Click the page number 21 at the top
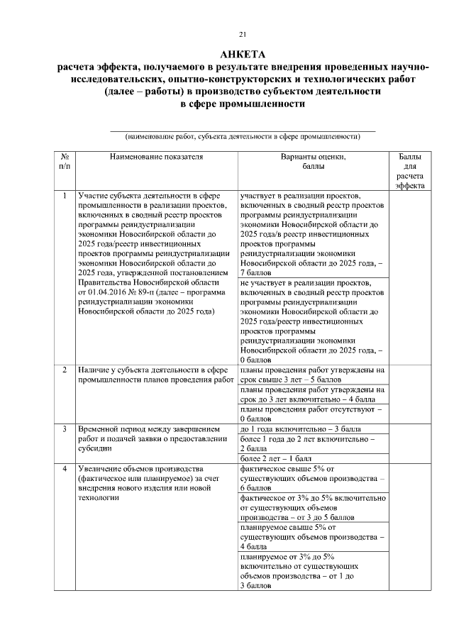tap(243, 33)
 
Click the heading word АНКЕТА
tap(243, 55)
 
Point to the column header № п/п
tap(65, 161)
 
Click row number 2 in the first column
tap(65, 370)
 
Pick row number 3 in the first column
tap(65, 429)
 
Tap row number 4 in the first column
tap(65, 468)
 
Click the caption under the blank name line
tap(243, 136)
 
